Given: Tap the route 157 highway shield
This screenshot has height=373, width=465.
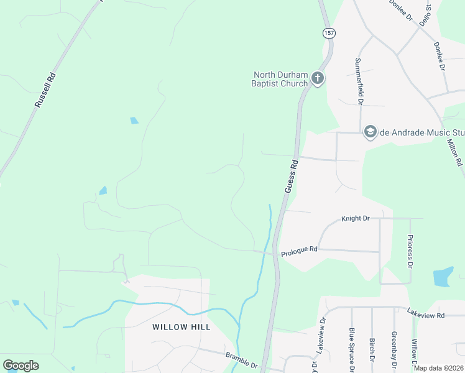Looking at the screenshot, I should pyautogui.click(x=328, y=32).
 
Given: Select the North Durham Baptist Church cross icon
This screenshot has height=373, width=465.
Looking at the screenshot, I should pyautogui.click(x=317, y=79).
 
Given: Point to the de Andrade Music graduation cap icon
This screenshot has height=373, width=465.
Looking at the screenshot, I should pyautogui.click(x=371, y=132).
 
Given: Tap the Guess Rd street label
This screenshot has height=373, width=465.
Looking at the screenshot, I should pyautogui.click(x=291, y=176).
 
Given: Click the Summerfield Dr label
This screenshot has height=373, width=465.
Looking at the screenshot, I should pyautogui.click(x=358, y=80).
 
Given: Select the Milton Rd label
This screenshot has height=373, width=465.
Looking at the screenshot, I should pyautogui.click(x=456, y=152).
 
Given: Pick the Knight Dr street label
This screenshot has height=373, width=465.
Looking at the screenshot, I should pyautogui.click(x=356, y=219).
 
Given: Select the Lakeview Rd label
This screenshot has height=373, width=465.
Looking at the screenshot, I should pyautogui.click(x=426, y=314).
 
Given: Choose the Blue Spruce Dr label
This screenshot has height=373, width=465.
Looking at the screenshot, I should pyautogui.click(x=352, y=349).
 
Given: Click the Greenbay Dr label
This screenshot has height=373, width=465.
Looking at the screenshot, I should pyautogui.click(x=394, y=349).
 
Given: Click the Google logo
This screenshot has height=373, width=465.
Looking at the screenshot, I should pyautogui.click(x=21, y=366).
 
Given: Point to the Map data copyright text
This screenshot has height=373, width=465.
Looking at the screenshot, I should pyautogui.click(x=438, y=368).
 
